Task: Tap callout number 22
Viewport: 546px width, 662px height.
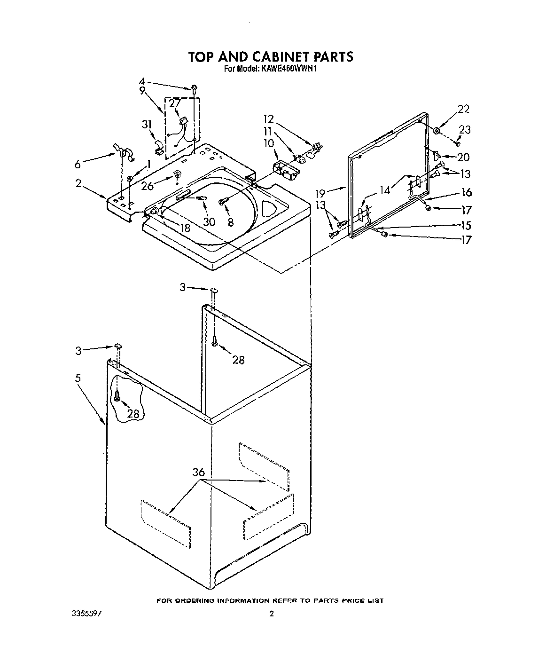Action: [463, 109]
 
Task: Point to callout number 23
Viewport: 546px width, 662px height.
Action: [465, 130]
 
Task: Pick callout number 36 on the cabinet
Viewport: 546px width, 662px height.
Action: [199, 472]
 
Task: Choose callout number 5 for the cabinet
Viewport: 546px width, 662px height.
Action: [78, 378]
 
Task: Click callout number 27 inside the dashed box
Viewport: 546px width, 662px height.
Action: [174, 103]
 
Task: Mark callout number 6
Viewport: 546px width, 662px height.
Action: [78, 164]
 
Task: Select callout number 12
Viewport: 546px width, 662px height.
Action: [268, 119]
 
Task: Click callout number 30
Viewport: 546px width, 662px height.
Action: [209, 221]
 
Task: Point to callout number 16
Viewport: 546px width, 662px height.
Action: [466, 192]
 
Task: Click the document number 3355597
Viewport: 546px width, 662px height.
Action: [87, 614]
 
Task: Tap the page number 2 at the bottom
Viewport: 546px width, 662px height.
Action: [272, 614]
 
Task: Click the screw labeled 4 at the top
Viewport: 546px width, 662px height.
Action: [194, 87]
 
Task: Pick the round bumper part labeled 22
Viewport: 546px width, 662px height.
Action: [437, 130]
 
